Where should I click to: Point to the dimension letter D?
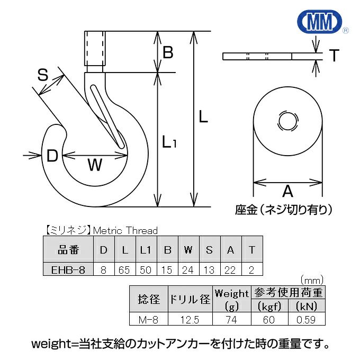(52, 156)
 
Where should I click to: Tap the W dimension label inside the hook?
(94, 166)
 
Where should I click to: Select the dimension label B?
(168, 52)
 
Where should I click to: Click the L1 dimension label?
(170, 141)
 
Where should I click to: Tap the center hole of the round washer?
(287, 121)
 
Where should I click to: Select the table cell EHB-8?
(68, 269)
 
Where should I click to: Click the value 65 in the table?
(124, 269)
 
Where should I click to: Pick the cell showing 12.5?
(190, 319)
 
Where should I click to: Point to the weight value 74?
(231, 319)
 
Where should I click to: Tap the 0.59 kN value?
(307, 319)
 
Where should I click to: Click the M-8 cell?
(148, 319)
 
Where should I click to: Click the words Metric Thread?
(125, 230)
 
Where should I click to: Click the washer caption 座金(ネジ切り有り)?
(284, 210)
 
